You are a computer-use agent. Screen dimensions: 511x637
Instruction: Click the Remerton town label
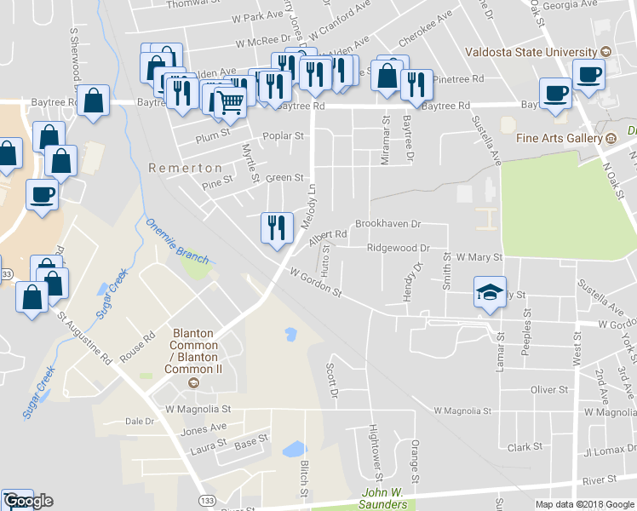point(185,168)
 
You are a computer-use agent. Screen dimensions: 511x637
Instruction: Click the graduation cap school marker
point(490,293)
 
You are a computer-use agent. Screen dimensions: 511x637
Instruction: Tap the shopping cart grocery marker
point(230,102)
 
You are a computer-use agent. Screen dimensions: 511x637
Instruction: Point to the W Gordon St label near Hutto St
point(315,284)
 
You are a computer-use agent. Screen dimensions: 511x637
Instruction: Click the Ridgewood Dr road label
point(397,248)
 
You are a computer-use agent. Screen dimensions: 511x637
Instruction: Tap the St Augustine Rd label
point(85,337)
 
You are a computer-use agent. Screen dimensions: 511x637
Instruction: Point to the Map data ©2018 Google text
point(584,504)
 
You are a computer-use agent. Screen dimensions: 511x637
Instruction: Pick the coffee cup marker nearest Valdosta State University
point(588,75)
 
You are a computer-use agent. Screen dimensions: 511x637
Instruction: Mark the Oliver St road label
point(548,389)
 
